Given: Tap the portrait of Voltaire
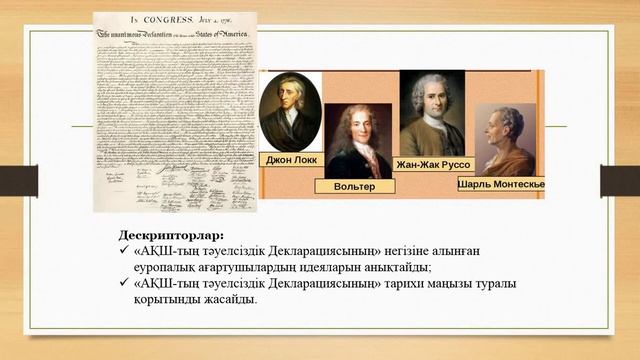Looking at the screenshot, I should click(x=358, y=140).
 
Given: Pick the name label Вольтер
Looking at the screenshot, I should click(x=356, y=186).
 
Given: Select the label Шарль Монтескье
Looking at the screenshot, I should click(x=501, y=186).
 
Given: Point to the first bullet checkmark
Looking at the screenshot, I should click(x=124, y=252).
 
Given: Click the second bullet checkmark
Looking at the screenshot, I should click(x=124, y=284).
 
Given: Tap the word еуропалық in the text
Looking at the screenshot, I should click(x=168, y=268).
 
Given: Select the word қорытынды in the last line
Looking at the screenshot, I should click(x=166, y=300).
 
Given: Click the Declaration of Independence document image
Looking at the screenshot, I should click(x=174, y=110).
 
